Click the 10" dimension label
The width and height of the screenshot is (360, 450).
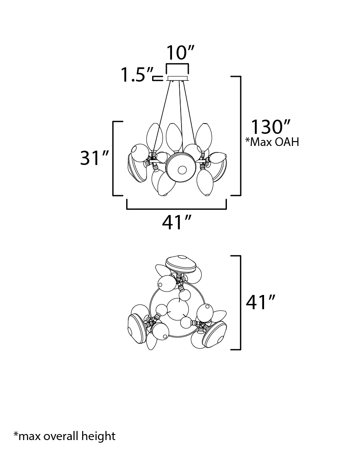click(180, 53)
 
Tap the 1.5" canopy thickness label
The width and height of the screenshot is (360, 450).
click(137, 75)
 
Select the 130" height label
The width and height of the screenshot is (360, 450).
click(271, 127)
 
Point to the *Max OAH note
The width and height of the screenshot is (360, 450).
click(272, 142)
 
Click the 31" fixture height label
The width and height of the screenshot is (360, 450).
click(94, 158)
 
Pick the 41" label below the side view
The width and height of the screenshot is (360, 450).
click(176, 222)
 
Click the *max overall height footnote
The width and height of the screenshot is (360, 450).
click(64, 436)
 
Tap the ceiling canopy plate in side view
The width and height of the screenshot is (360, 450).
click(177, 78)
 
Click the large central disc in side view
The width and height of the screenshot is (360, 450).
click(181, 169)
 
